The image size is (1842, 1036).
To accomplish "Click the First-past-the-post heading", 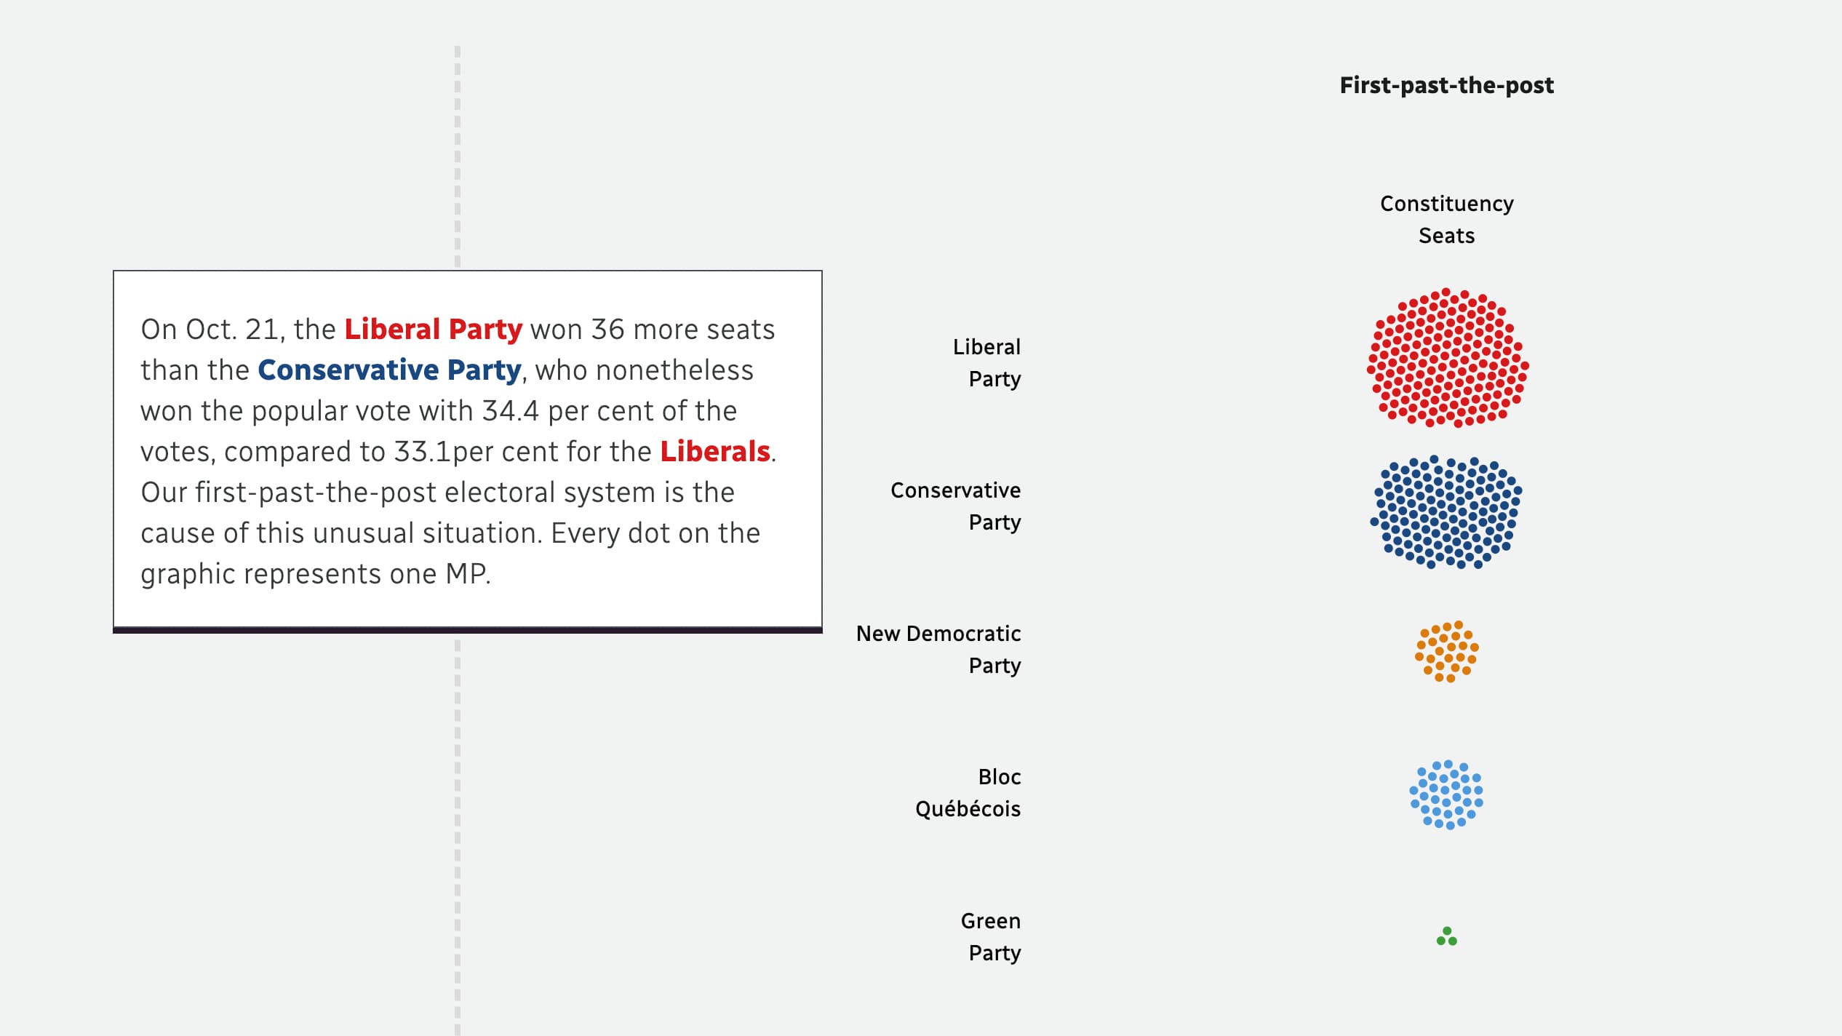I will (1446, 86).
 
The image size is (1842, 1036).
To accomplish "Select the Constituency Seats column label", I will (1446, 219).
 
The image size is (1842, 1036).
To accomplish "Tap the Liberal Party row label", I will (986, 362).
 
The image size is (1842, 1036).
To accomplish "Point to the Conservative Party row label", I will (956, 506).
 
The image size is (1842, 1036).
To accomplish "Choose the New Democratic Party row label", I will (938, 649).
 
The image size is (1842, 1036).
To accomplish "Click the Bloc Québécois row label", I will (968, 792).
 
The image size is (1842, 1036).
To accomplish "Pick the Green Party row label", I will (991, 936).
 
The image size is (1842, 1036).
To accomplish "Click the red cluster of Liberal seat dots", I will (1448, 358).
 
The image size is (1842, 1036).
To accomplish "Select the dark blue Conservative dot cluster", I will (1446, 512).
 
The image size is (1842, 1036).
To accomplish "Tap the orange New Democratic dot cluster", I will (1446, 651).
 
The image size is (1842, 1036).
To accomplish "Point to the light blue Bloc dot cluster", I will (1446, 794).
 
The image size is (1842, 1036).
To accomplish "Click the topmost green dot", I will (1447, 931).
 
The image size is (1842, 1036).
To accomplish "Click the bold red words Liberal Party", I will (433, 330).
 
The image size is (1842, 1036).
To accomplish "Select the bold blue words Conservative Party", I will (389, 370).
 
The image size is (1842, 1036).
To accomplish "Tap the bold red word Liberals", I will (714, 452).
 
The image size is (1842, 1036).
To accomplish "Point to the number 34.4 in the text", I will (510, 411).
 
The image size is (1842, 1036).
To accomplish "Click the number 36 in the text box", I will (607, 330).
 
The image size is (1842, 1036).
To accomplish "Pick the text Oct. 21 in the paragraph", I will (231, 330).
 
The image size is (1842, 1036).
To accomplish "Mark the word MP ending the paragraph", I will (466, 574).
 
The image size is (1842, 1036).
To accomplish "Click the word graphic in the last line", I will (188, 574).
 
